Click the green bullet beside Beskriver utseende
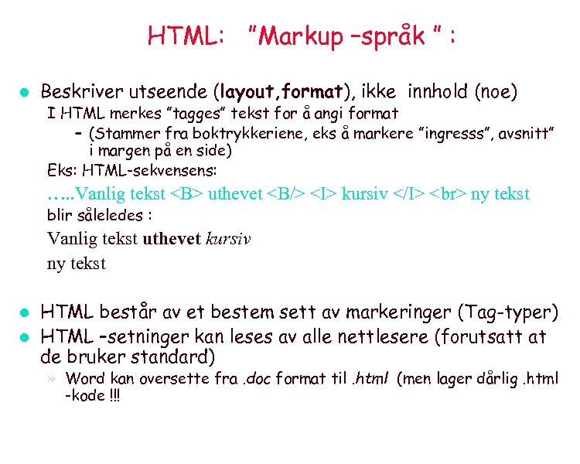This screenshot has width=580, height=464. point(24,93)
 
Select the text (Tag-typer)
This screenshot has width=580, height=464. point(507,312)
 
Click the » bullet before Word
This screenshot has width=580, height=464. point(53,378)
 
